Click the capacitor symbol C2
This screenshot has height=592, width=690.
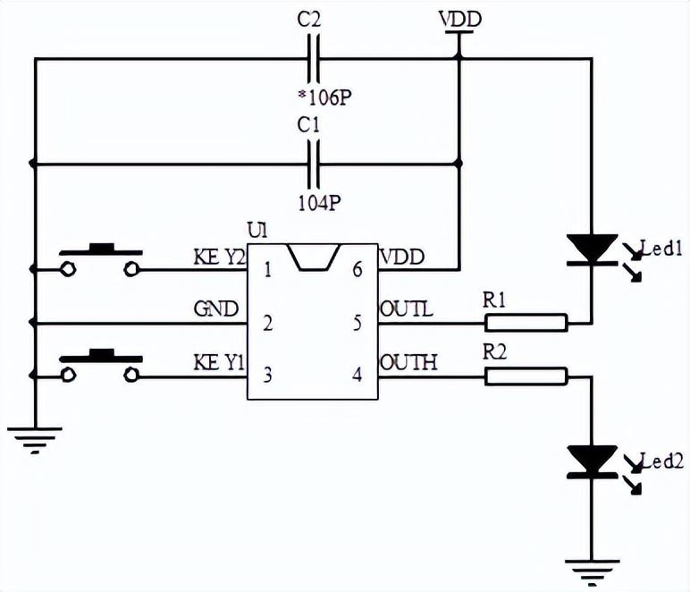tap(313, 59)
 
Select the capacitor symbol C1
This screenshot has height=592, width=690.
tap(313, 164)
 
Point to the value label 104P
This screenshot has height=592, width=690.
tap(319, 203)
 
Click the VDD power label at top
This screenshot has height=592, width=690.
tap(459, 19)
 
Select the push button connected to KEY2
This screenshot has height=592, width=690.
tap(100, 260)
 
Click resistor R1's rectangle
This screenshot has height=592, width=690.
tap(526, 323)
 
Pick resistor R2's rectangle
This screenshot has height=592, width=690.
tap(526, 376)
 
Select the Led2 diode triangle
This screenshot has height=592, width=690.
tap(592, 461)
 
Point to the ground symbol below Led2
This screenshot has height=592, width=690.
tap(592, 567)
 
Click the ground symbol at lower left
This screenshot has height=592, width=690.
tap(34, 439)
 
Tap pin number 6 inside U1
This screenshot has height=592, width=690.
tap(358, 269)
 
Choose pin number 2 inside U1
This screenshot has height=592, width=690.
tap(267, 323)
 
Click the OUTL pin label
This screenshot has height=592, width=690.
tap(408, 309)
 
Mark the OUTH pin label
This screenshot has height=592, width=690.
tap(408, 363)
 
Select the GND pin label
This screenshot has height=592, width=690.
tap(215, 309)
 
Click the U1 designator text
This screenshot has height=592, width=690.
tap(257, 231)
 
